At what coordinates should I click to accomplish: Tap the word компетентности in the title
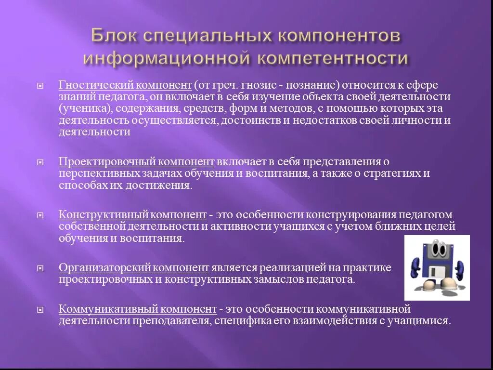(332, 59)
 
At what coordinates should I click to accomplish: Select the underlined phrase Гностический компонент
(126, 85)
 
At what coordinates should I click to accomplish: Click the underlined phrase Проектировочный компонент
(137, 161)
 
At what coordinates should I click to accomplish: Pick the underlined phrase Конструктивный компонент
(133, 214)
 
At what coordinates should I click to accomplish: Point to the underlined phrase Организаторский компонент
(134, 267)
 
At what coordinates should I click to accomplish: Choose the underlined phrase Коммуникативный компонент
(138, 309)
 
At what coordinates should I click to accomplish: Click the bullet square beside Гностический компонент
(41, 86)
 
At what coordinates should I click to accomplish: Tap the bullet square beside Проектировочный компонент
(41, 162)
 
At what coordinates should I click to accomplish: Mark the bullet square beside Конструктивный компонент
(41, 215)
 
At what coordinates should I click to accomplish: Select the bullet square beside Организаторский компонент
(41, 268)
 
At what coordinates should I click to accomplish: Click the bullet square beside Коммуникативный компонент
(41, 309)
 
